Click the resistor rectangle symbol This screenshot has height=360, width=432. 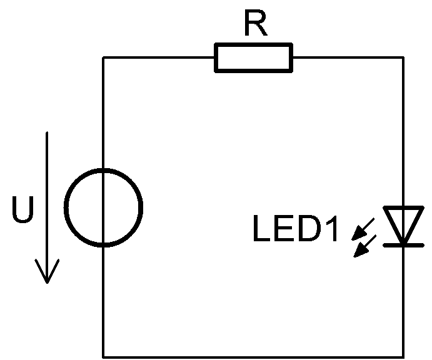253,57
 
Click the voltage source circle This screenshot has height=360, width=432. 104,206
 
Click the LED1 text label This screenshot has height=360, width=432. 296,229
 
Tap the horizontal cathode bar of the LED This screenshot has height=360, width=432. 401,244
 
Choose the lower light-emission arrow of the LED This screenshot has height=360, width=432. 363,246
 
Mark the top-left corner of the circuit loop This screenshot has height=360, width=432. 104,57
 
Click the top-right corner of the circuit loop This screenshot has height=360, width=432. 401,57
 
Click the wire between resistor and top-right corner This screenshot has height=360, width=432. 347,57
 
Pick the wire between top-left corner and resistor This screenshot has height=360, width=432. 159,57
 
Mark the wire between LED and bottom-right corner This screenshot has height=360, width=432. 401,300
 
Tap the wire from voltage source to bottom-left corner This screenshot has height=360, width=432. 104,300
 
